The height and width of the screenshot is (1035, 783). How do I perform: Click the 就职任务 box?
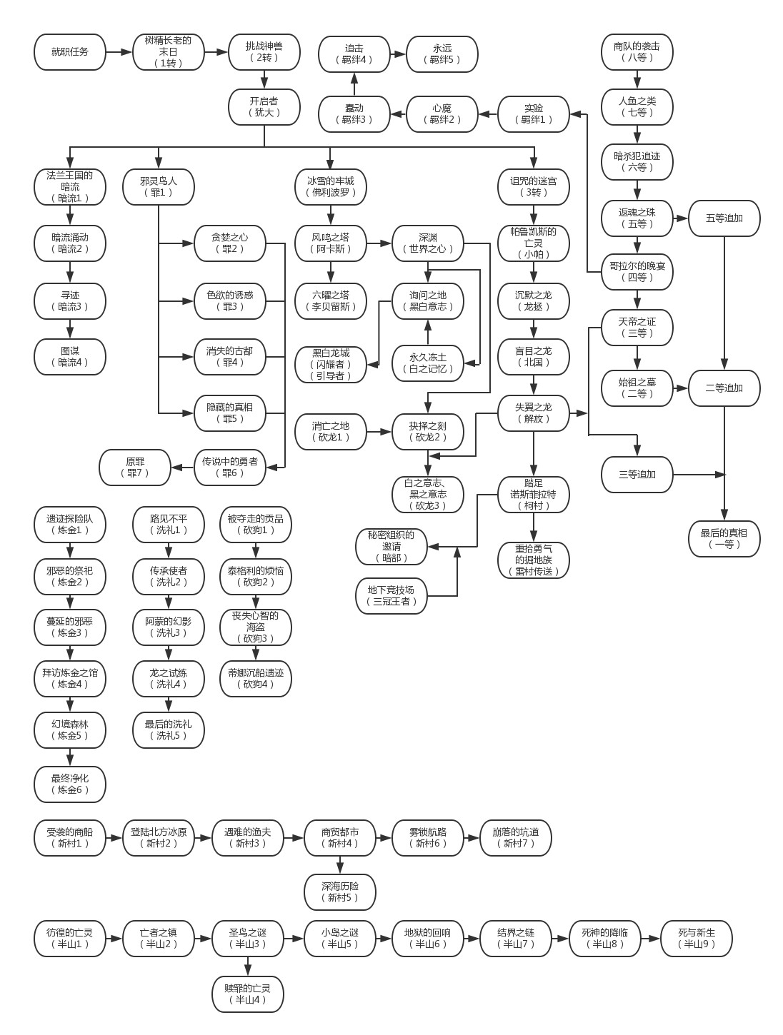pyautogui.click(x=70, y=52)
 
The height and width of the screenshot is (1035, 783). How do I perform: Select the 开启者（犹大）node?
pyautogui.click(x=264, y=107)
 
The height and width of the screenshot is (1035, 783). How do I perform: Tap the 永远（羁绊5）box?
pyautogui.click(x=442, y=54)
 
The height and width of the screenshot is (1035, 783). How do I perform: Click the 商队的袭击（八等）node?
pyautogui.click(x=637, y=52)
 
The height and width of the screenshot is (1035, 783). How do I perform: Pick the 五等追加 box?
pyautogui.click(x=724, y=218)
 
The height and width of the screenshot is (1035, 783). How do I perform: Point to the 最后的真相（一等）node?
pyautogui.click(x=724, y=539)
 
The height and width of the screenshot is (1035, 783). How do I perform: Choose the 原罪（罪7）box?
pyautogui.click(x=135, y=468)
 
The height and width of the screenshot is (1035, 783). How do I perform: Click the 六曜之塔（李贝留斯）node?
pyautogui.click(x=331, y=301)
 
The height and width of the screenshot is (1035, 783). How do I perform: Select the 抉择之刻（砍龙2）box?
pyautogui.click(x=428, y=432)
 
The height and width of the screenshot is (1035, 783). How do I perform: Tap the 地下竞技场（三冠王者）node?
pyautogui.click(x=391, y=596)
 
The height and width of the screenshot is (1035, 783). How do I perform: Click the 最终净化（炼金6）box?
pyautogui.click(x=70, y=784)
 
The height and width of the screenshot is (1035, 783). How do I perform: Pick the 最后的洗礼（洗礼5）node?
pyautogui.click(x=169, y=730)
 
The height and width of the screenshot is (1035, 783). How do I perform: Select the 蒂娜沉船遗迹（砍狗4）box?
pyautogui.click(x=256, y=679)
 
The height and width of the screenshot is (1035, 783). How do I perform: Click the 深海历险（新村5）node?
pyautogui.click(x=340, y=892)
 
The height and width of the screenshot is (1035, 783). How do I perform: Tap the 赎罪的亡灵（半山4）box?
pyautogui.click(x=248, y=994)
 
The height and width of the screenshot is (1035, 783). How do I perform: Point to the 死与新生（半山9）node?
pyautogui.click(x=697, y=939)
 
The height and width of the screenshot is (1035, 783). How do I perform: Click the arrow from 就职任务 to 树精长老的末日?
pyautogui.click(x=119, y=52)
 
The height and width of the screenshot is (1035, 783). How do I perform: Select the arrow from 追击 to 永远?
pyautogui.click(x=399, y=54)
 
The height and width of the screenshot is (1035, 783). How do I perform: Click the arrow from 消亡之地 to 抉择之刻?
pyautogui.click(x=379, y=432)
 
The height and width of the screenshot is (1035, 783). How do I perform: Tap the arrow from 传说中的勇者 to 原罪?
pyautogui.click(x=183, y=468)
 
